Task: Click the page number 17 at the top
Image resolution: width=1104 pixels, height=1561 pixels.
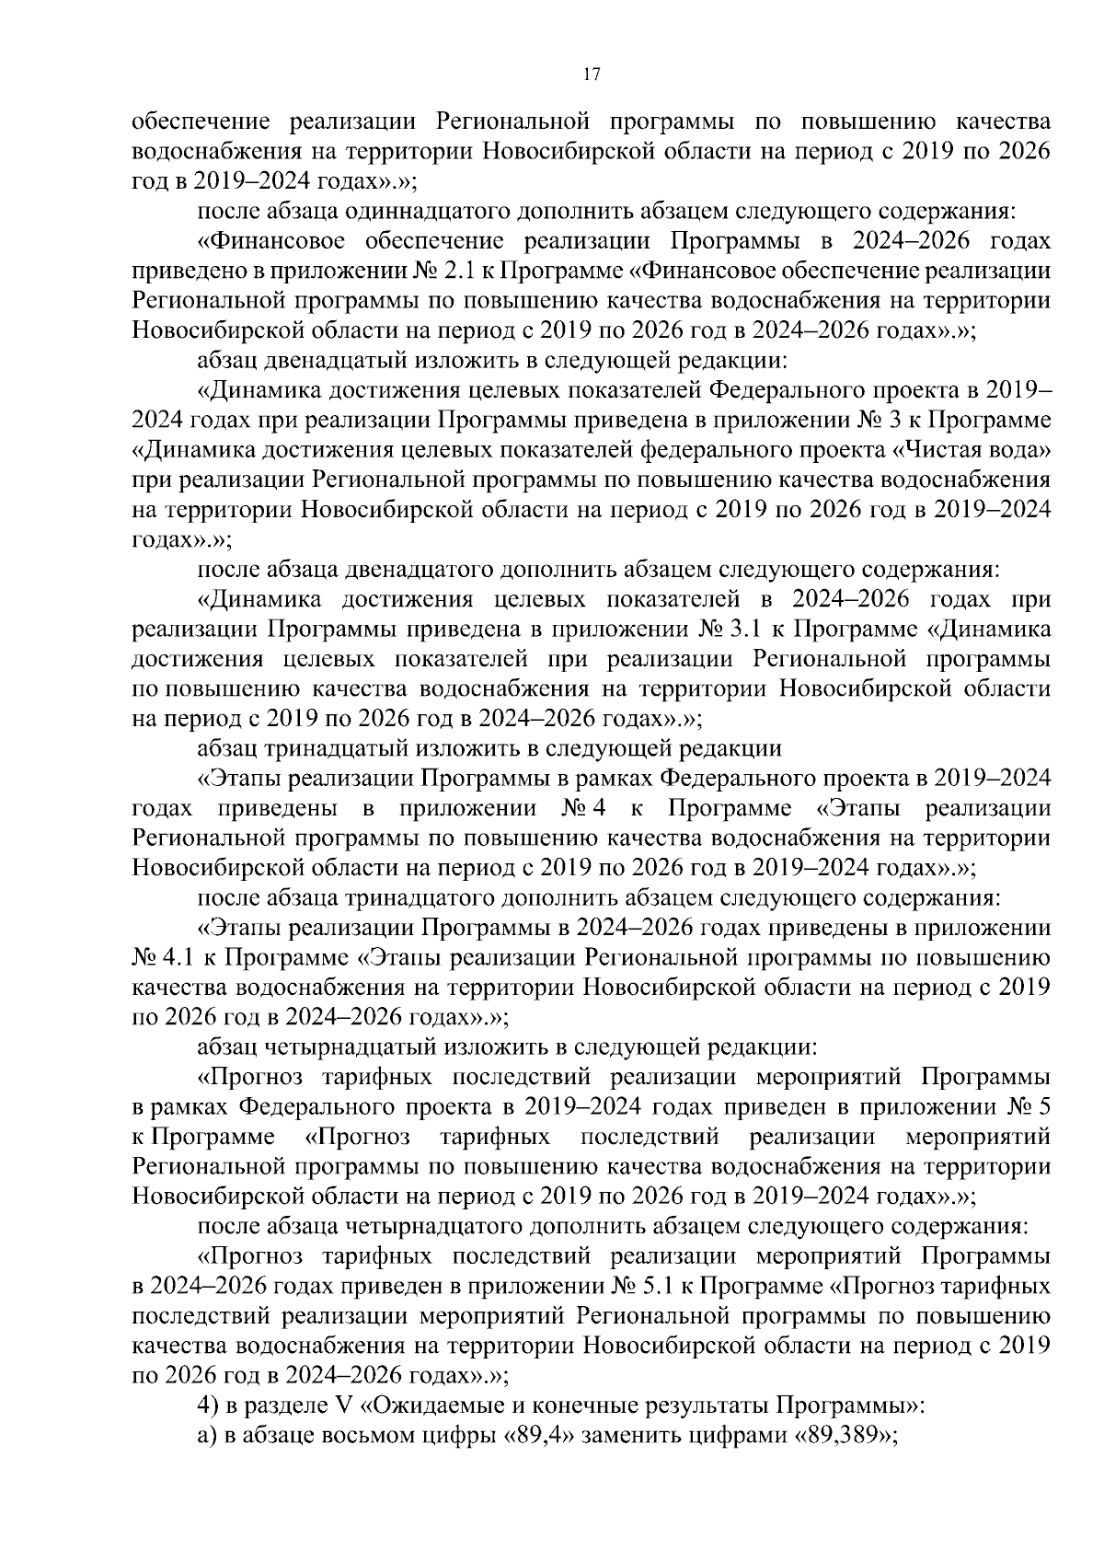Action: point(592,76)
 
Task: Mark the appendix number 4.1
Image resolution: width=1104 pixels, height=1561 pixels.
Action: point(176,957)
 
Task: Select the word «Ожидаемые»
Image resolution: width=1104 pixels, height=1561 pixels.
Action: point(414,1407)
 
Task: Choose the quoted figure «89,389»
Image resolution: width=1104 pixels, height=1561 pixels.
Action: point(838,1437)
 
